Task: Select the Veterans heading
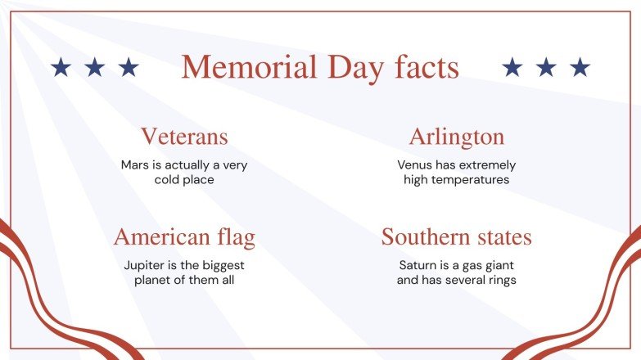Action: point(184,136)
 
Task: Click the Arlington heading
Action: point(457,136)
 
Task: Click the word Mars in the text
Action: point(134,164)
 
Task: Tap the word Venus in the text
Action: point(415,164)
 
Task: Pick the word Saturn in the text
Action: point(418,265)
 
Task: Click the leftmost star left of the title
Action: point(61,67)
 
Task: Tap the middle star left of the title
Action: point(95,67)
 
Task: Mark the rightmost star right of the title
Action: point(580,67)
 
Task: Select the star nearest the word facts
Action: point(512,67)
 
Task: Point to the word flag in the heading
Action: point(232,237)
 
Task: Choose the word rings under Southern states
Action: point(500,280)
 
